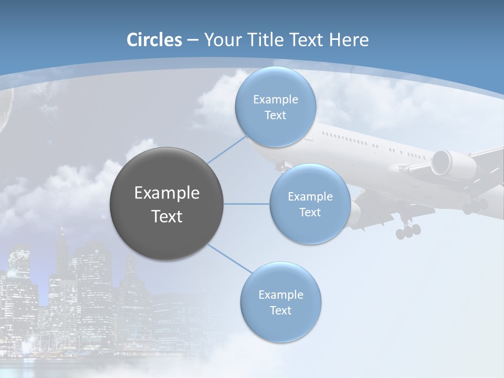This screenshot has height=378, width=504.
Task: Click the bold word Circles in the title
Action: (x=154, y=40)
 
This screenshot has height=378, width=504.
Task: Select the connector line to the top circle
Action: (x=226, y=149)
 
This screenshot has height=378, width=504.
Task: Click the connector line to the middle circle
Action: (x=247, y=204)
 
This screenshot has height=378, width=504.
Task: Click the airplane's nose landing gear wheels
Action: (x=408, y=230)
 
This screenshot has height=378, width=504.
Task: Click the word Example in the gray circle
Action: (x=167, y=193)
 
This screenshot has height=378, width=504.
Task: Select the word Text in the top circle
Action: (x=275, y=115)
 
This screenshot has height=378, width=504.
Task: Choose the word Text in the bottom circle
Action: (x=280, y=310)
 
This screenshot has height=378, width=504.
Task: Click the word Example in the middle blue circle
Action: (x=310, y=197)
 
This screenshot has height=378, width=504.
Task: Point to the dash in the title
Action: (x=192, y=40)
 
